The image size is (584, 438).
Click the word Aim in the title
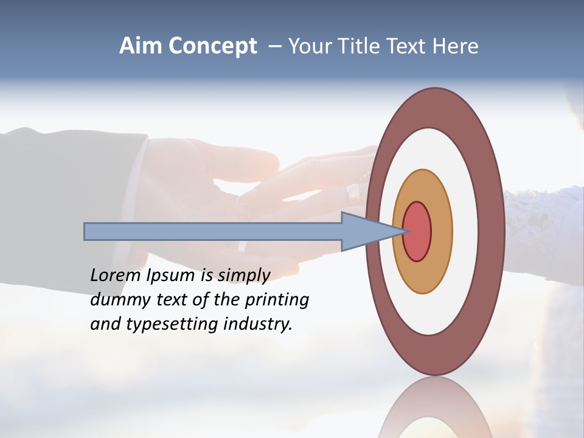[141, 46]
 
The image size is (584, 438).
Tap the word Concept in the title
[212, 46]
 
